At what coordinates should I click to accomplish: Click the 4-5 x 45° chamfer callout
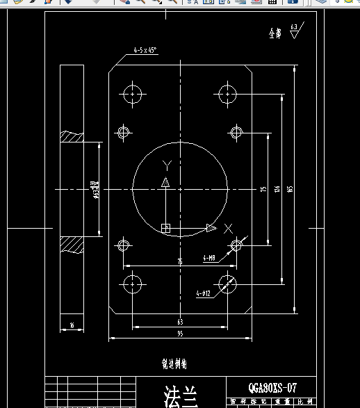click(145, 50)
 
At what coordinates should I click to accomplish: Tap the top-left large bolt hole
click(131, 94)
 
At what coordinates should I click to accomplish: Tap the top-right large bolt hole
click(227, 94)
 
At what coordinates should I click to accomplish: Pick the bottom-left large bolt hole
click(131, 284)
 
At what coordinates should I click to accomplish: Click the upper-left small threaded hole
click(124, 132)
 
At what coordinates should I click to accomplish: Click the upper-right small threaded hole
click(236, 132)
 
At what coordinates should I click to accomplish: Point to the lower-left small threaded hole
click(124, 245)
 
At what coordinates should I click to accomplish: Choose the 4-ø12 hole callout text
click(203, 293)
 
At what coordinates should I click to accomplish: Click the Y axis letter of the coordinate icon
click(166, 165)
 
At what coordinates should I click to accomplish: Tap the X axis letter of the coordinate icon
click(229, 228)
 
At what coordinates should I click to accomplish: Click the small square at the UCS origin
click(165, 228)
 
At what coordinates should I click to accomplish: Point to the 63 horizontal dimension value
click(179, 322)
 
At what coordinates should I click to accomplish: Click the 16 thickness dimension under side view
click(72, 324)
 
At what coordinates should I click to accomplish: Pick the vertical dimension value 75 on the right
click(263, 189)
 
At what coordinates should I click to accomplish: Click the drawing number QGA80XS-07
click(272, 389)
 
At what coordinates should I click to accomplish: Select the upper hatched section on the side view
click(72, 137)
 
